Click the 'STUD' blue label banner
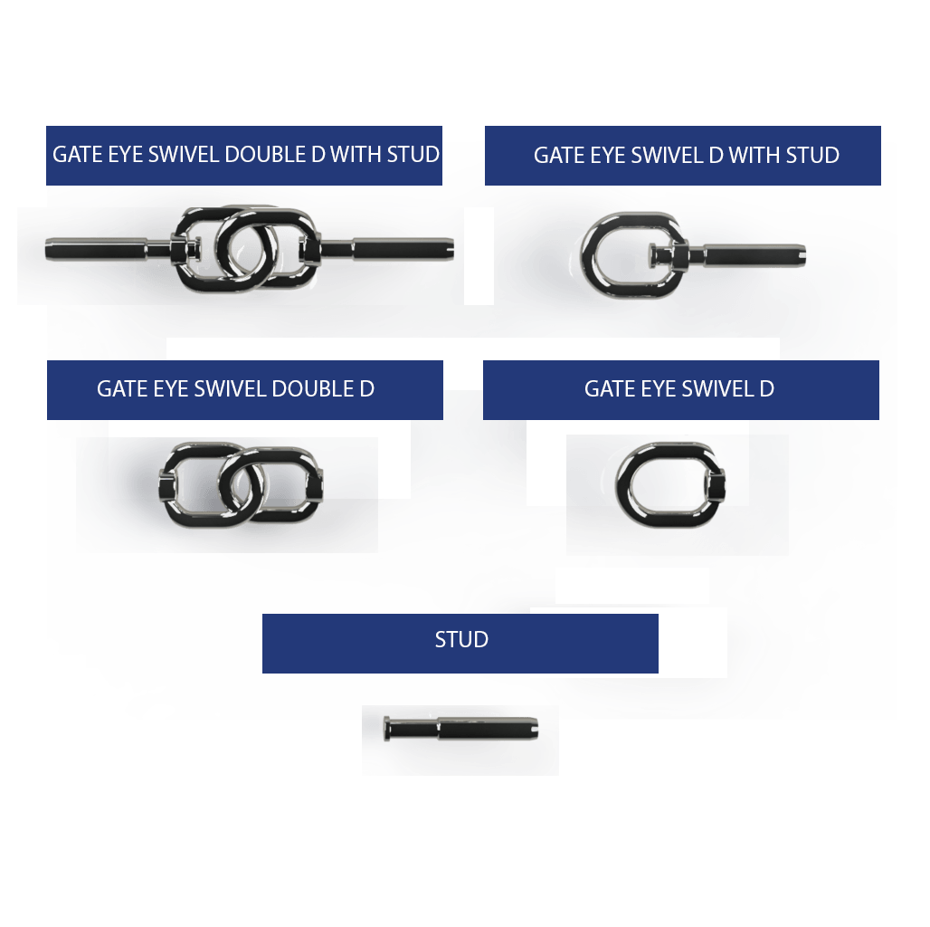[460, 643]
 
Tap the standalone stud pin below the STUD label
[461, 726]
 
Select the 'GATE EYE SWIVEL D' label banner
[680, 389]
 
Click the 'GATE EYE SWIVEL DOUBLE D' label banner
[244, 389]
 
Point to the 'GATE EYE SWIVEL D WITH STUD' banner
[682, 155]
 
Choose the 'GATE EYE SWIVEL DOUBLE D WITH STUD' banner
[244, 155]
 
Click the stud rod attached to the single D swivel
[751, 254]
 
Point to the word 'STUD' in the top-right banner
[812, 155]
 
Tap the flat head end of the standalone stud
[388, 726]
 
